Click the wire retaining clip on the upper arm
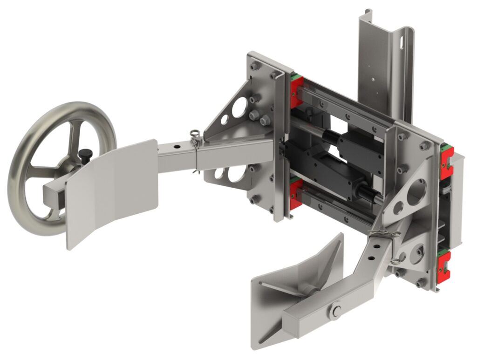pyautogui.click(x=196, y=138)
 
